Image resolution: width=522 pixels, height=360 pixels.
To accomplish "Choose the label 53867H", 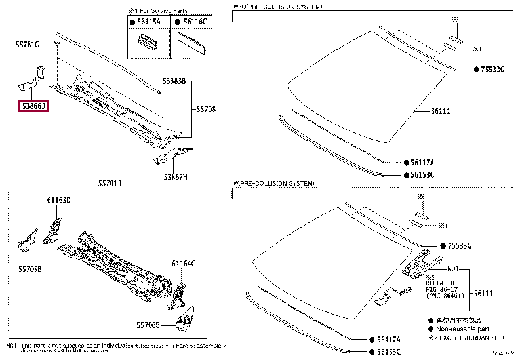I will (175, 177).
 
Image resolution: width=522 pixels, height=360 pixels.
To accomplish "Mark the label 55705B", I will (30, 269).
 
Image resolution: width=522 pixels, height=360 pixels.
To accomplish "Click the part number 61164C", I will (184, 264).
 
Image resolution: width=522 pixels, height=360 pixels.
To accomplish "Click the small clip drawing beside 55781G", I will (58, 44).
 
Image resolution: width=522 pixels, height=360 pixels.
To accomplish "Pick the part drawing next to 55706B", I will (186, 319).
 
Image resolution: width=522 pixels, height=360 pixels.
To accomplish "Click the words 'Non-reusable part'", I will (463, 329).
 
